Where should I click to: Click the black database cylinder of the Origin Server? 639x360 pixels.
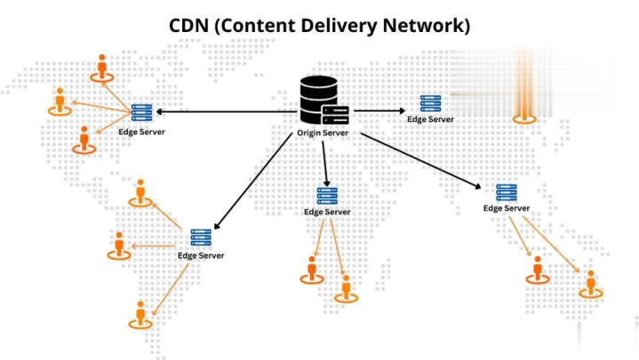point(316,100)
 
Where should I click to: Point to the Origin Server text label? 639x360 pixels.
point(323,134)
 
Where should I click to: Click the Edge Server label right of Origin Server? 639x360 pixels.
point(430,119)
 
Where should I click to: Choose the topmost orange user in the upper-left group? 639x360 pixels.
point(101,67)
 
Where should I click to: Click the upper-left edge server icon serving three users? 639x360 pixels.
point(141,112)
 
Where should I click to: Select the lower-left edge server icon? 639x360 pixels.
point(201,237)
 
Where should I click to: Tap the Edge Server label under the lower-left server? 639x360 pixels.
point(201,256)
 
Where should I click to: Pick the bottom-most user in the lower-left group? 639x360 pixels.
point(140,314)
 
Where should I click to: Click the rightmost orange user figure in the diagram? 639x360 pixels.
point(589,283)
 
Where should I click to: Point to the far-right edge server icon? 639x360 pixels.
point(507,192)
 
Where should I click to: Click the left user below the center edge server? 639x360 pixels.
point(311,268)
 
